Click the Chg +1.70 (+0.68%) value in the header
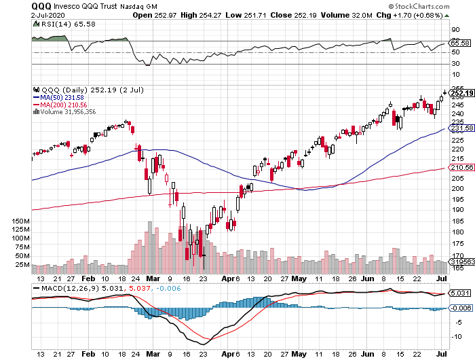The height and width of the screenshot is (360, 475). click(418, 14)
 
